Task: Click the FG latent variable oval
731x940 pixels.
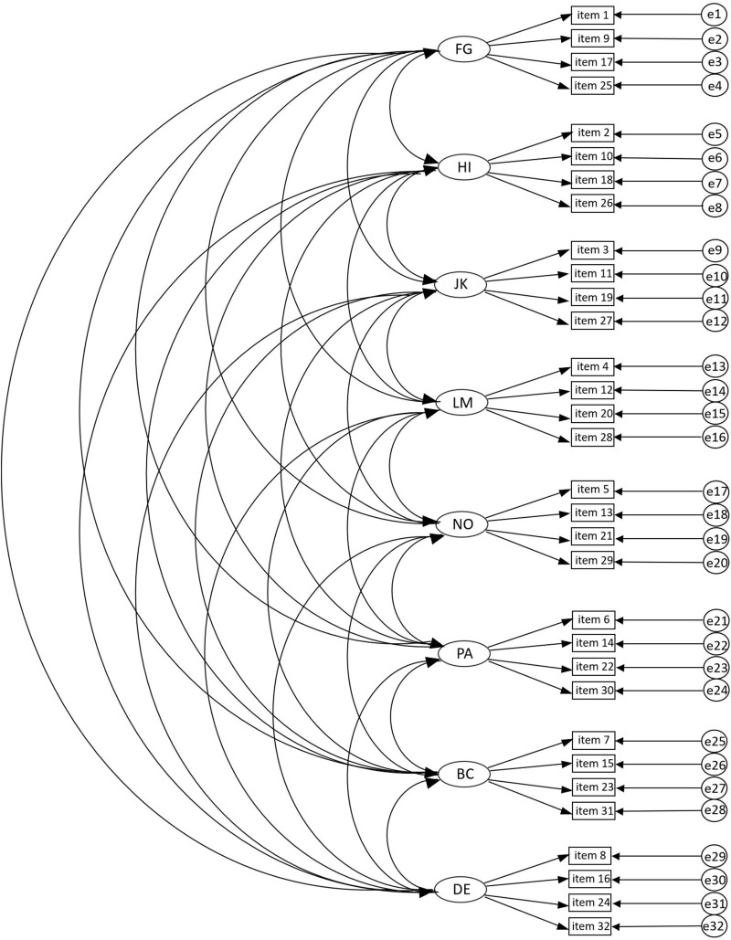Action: (463, 50)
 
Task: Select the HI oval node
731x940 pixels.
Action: (463, 168)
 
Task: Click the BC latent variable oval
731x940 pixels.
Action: (463, 774)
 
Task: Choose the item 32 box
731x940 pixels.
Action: (596, 927)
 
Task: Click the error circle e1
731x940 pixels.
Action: (713, 15)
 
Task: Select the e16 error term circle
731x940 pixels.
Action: (715, 438)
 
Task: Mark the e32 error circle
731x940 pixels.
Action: (714, 927)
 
